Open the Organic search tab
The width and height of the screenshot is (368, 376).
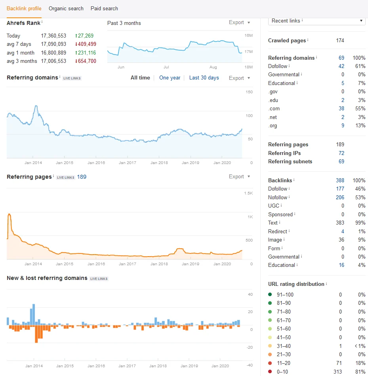pos(66,9)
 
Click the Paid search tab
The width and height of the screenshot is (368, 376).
pos(104,9)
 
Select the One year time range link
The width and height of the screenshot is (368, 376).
pos(170,78)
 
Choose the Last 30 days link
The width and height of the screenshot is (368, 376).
pos(204,78)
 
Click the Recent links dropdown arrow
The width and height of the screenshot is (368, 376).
pos(361,21)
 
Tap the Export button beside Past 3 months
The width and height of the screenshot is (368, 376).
pos(239,23)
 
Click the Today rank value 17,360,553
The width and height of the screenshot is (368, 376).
pos(53,36)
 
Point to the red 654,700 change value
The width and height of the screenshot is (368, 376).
pos(86,61)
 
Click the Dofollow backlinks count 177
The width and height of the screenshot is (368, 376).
pos(340,189)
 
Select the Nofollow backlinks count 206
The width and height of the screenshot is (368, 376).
pos(340,197)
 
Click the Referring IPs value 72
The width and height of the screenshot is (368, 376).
pos(341,153)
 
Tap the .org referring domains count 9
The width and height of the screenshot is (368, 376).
pos(343,125)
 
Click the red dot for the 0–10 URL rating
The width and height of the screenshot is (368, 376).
pos(270,371)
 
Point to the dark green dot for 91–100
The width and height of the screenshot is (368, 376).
pos(270,295)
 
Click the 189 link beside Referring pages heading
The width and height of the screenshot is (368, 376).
pos(82,177)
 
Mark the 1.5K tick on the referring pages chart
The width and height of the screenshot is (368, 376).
pos(248,193)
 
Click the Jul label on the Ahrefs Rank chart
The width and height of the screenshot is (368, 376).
pos(166,67)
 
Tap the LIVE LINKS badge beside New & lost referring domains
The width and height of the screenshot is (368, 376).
pos(99,279)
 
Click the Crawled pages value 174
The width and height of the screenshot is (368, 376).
pos(340,40)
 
